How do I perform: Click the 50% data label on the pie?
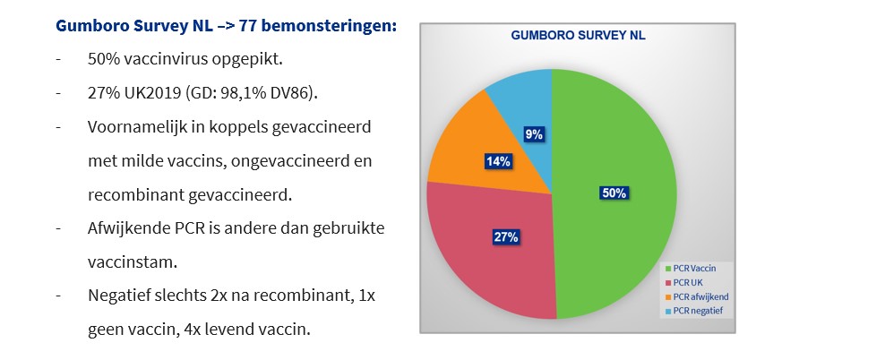(x=614, y=193)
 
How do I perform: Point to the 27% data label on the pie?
(x=506, y=237)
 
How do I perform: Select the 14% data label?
(x=498, y=161)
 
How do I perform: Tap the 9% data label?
(x=533, y=135)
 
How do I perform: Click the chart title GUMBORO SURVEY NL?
(x=578, y=36)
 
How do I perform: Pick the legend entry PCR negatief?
(x=695, y=311)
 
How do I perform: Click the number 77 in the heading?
(x=246, y=26)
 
